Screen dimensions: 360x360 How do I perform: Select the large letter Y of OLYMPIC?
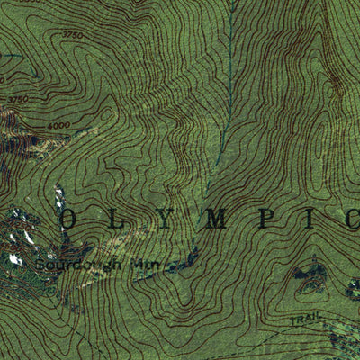click(164, 219)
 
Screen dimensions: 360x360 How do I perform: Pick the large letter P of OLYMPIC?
click(267, 219)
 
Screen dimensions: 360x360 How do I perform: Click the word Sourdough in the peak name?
click(71, 267)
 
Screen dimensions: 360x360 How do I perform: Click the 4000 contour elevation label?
click(59, 125)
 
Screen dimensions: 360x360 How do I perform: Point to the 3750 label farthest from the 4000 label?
click(72, 34)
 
